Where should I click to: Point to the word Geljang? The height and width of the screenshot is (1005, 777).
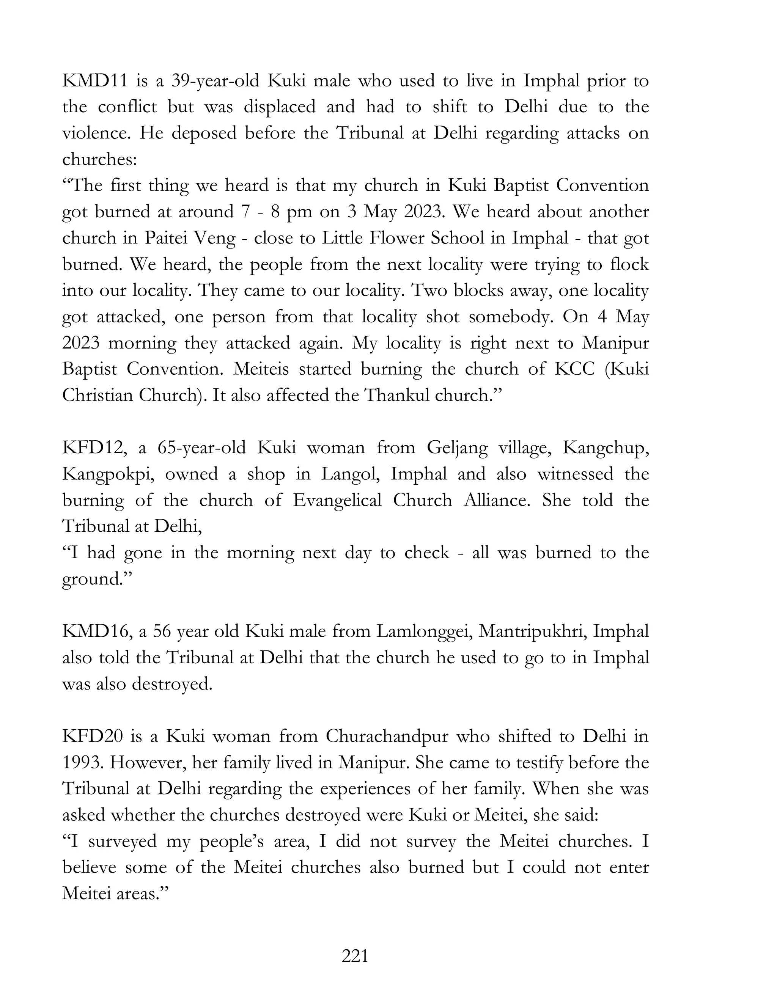click(x=457, y=448)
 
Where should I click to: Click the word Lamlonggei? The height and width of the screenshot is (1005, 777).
click(x=423, y=631)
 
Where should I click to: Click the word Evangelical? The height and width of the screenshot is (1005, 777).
click(x=337, y=500)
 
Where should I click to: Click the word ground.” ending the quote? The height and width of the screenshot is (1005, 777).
click(x=97, y=579)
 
